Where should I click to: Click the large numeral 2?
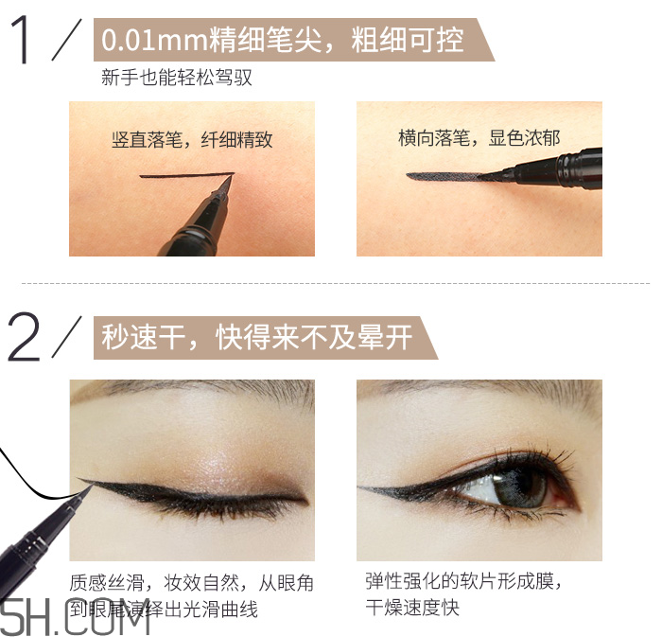tap(26, 336)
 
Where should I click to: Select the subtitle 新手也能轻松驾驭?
tap(177, 79)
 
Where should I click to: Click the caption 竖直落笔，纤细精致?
tap(192, 139)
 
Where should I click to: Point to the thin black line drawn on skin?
tap(184, 175)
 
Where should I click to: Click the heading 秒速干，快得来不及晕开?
tap(256, 338)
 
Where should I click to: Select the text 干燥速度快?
tap(412, 608)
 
